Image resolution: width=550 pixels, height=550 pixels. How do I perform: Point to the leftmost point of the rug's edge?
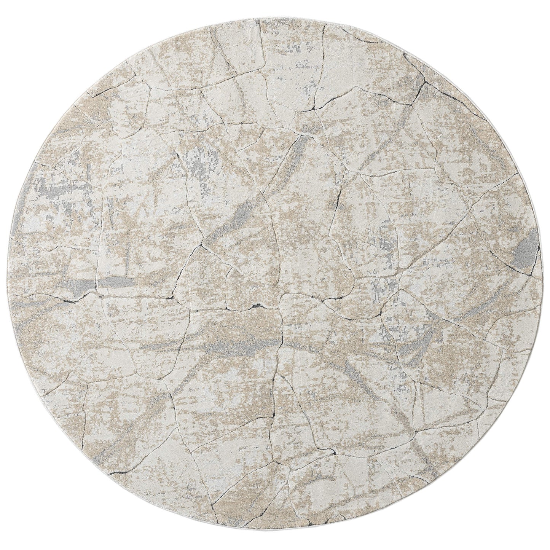pos(10,275)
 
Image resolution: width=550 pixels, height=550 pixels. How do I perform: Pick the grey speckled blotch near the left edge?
pos(53,190)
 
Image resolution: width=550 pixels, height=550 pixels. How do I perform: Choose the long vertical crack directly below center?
pos(282,331)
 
